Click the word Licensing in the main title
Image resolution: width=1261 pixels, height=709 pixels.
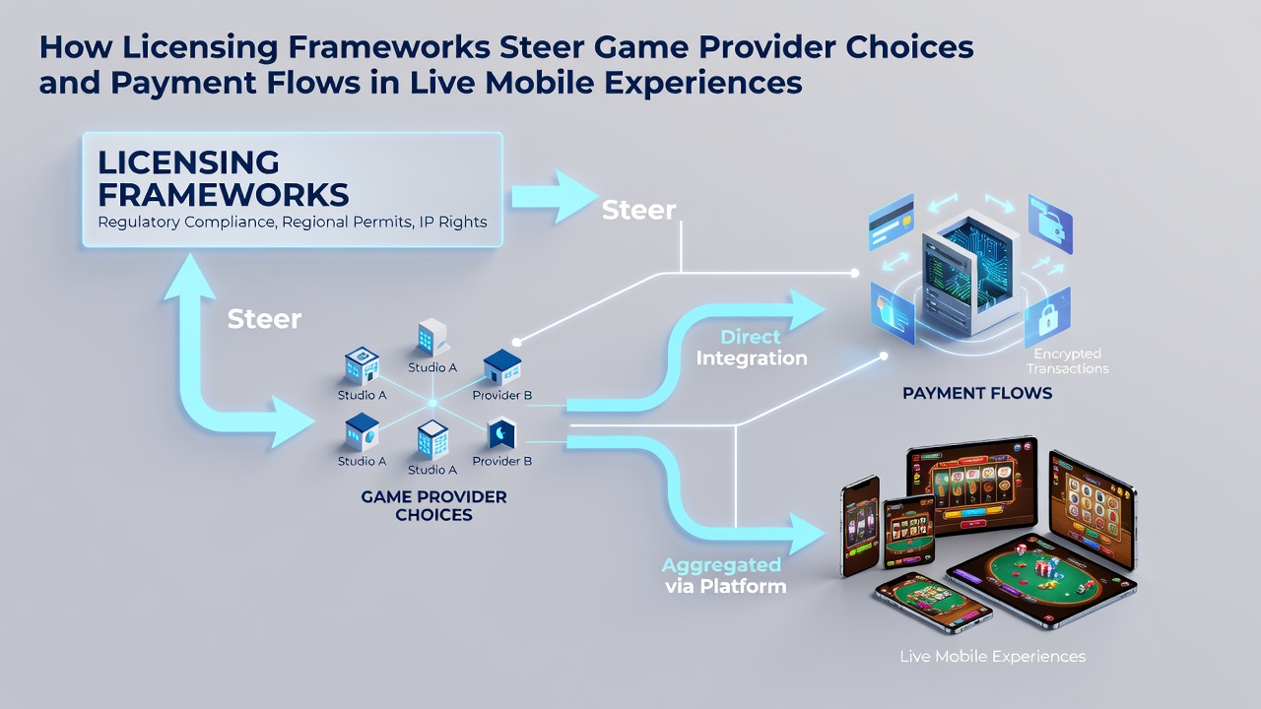[200, 47]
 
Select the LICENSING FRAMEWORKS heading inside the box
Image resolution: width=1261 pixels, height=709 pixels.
[224, 178]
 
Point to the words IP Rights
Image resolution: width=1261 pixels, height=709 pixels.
[453, 223]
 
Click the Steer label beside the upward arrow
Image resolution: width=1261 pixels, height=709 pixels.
[264, 319]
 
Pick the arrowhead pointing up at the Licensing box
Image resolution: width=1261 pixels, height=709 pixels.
[190, 276]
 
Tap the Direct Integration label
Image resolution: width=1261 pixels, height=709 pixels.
[752, 348]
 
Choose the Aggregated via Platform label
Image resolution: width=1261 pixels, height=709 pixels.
[724, 576]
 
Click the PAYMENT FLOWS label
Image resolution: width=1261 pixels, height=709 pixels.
[977, 393]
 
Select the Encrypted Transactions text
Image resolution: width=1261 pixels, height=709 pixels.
[1067, 360]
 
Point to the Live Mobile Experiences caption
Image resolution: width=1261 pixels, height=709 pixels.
[992, 656]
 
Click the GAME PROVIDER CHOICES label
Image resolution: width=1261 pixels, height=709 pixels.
[433, 505]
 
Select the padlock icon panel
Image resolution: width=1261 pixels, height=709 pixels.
[1047, 318]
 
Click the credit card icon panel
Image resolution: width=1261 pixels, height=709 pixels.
[892, 222]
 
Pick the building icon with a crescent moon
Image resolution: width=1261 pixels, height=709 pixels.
[501, 432]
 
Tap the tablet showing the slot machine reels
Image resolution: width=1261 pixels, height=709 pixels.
[972, 486]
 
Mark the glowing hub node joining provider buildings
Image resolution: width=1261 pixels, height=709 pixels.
[432, 404]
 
